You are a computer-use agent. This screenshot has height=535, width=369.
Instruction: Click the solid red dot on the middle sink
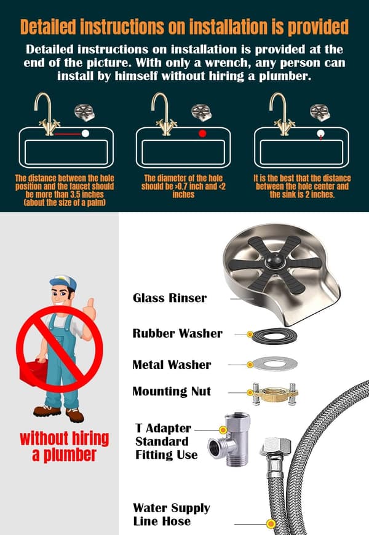tap(202, 133)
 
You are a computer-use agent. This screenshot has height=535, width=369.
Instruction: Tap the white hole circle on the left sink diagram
tap(85, 133)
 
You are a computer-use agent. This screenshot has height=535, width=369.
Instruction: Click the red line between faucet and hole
tap(68, 134)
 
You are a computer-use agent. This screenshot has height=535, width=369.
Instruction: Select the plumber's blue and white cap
tap(63, 282)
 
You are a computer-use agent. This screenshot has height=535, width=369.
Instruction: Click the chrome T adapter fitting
tap(229, 440)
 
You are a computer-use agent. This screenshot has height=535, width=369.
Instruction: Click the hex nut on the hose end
tap(276, 447)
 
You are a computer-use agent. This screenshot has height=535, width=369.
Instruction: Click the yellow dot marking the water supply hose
tap(271, 523)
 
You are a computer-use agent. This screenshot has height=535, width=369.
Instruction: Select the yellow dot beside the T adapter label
tap(223, 430)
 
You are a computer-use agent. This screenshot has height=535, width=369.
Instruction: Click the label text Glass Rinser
tap(170, 298)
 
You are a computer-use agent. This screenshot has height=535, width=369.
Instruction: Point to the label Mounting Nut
tap(172, 391)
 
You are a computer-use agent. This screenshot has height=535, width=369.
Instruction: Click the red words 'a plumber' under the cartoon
tap(64, 455)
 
